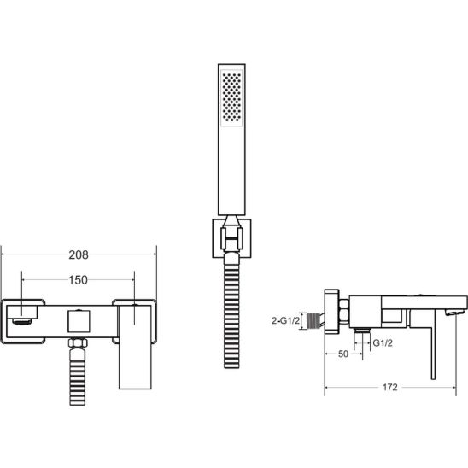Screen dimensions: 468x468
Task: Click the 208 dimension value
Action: click(x=79, y=254)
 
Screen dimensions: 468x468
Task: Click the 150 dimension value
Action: click(x=78, y=280)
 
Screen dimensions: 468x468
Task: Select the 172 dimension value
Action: click(x=390, y=387)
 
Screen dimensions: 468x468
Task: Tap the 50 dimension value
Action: click(x=343, y=354)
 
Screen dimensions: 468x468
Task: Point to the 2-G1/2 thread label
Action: click(x=285, y=320)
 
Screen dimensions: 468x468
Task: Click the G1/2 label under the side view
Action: click(x=383, y=343)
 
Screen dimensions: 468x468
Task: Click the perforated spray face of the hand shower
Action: click(x=231, y=97)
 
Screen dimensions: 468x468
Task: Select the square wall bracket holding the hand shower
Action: click(x=231, y=238)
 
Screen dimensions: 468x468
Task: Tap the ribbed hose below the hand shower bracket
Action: click(x=231, y=310)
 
